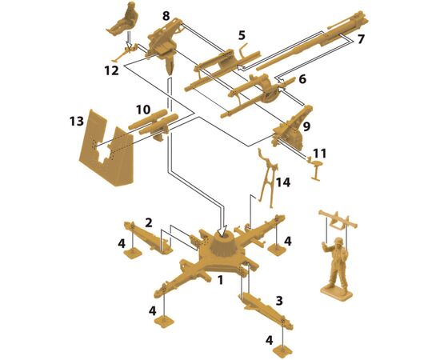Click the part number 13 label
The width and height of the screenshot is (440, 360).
point(77,122)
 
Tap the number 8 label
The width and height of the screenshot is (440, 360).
point(166,16)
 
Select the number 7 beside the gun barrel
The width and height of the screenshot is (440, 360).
point(361,39)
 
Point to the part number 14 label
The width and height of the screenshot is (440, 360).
point(283,182)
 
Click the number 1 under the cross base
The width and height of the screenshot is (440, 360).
point(221,280)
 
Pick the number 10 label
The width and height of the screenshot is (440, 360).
point(143,110)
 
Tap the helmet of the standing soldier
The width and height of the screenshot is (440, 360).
point(338,241)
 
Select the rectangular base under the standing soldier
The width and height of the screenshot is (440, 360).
point(336,294)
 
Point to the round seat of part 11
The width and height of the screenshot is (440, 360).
point(318,162)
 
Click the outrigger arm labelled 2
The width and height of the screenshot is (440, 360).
point(148,237)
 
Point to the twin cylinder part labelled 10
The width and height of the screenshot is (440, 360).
point(154,124)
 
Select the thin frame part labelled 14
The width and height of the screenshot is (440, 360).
point(267,178)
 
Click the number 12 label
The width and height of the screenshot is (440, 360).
point(112,70)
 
